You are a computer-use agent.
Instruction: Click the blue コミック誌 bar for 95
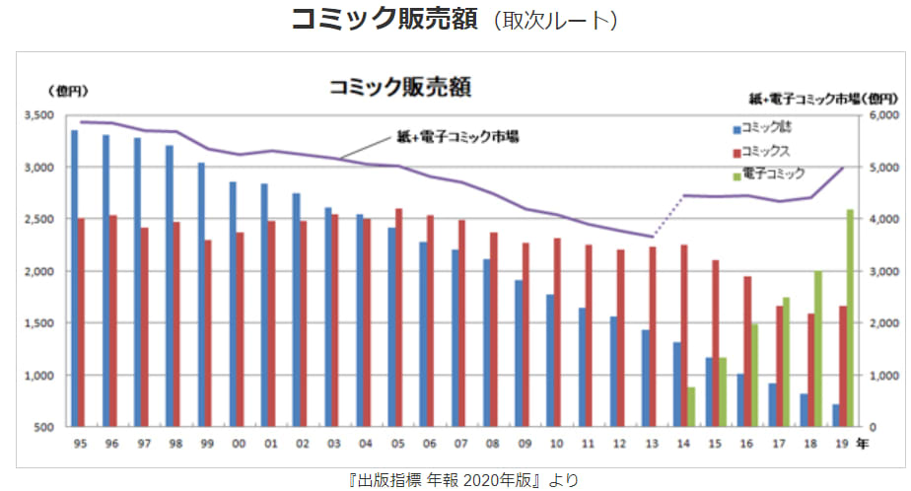74,278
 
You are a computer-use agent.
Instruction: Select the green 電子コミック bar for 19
850,317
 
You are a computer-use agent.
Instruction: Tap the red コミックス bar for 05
398,316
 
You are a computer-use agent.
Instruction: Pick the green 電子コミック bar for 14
691,406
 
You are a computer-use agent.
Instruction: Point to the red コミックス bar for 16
747,351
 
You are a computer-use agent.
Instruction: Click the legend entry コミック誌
765,129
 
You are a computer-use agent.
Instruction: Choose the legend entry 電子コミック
768,173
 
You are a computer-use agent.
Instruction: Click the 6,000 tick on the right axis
884,115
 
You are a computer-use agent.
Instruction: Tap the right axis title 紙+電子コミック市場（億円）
823,99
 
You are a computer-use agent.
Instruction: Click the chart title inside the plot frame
399,87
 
